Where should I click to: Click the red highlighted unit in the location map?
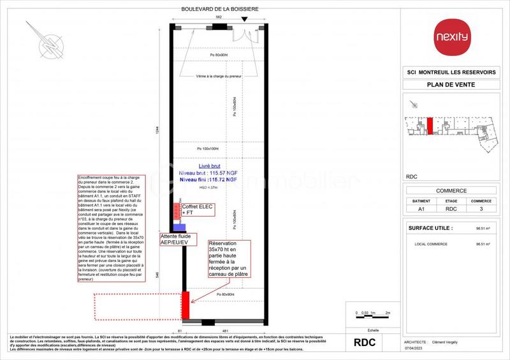coord(430,126)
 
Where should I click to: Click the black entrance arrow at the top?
coord(244,20)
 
